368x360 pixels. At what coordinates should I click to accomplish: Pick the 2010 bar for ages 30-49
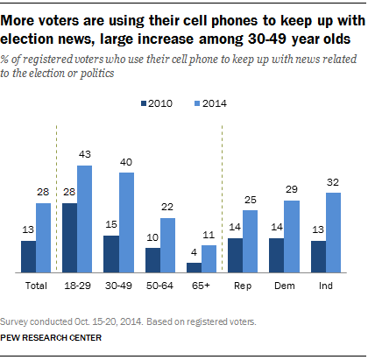(x=111, y=254)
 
